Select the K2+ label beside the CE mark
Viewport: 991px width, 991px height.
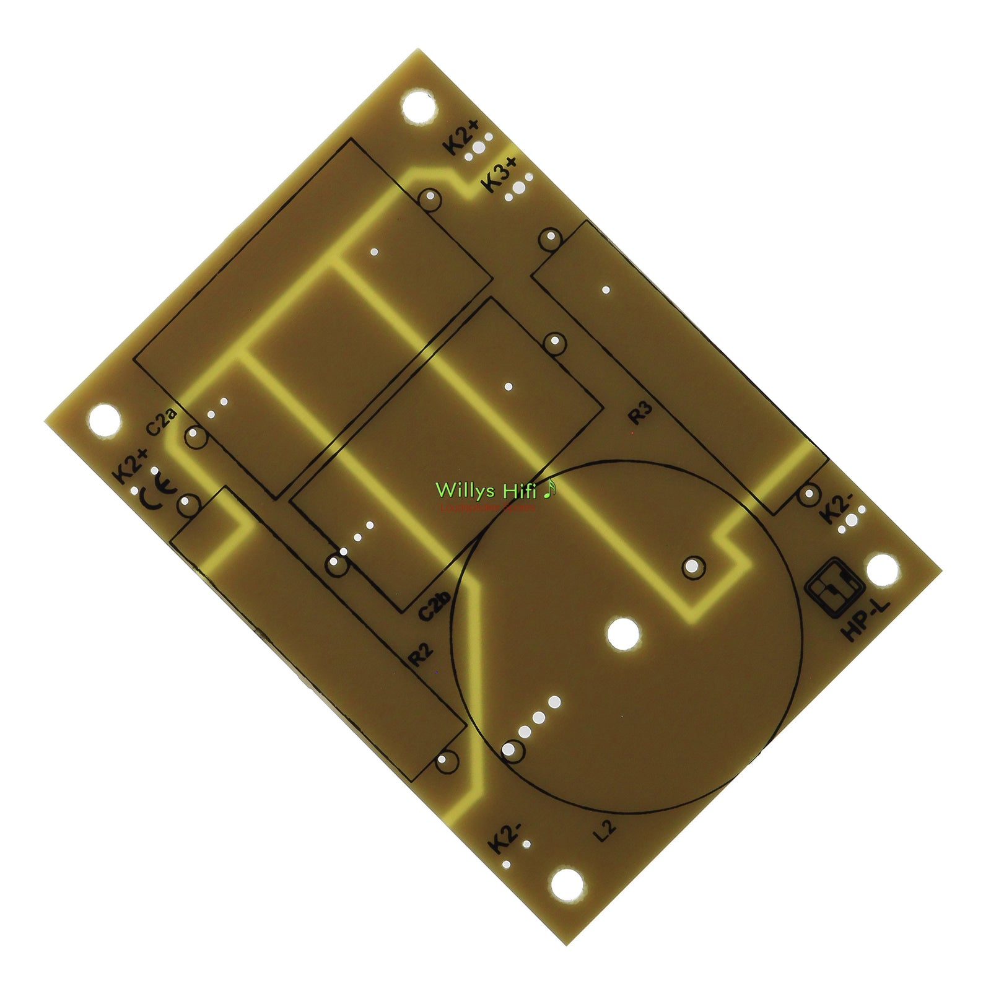[130, 465]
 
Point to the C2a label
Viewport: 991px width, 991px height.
[162, 421]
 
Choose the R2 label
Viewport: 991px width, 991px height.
[419, 655]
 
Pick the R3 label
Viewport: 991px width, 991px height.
[640, 413]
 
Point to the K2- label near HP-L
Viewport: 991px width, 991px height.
[834, 509]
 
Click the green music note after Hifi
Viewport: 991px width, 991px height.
[549, 490]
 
